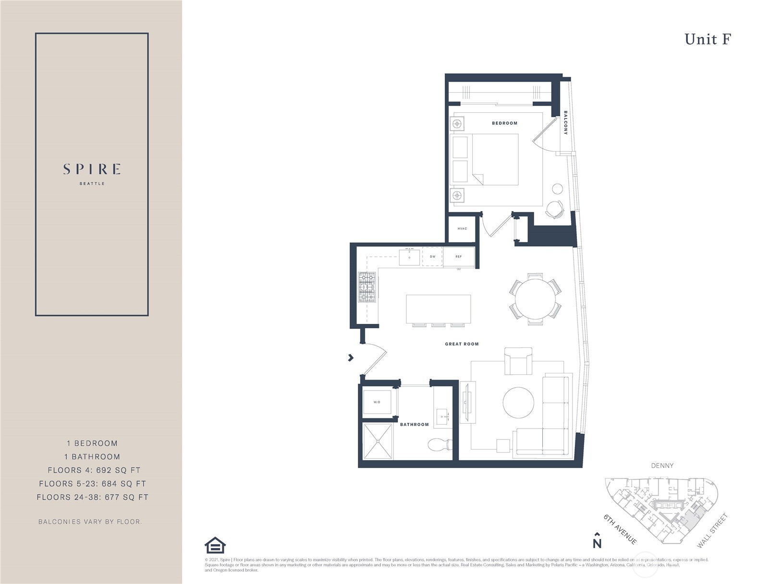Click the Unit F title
(707, 39)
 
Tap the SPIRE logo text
(92, 169)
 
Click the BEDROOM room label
(504, 123)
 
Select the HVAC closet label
(462, 228)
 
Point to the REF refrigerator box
(459, 257)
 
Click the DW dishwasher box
(432, 257)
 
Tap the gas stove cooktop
(367, 287)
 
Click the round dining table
(535, 299)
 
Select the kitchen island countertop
(438, 310)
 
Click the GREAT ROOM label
(462, 344)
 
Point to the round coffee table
(518, 402)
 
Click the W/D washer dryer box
(377, 402)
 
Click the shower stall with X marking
(378, 441)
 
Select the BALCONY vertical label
(565, 123)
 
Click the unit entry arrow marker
(351, 358)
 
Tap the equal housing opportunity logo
(215, 545)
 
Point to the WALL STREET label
(712, 531)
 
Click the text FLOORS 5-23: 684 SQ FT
(92, 484)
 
